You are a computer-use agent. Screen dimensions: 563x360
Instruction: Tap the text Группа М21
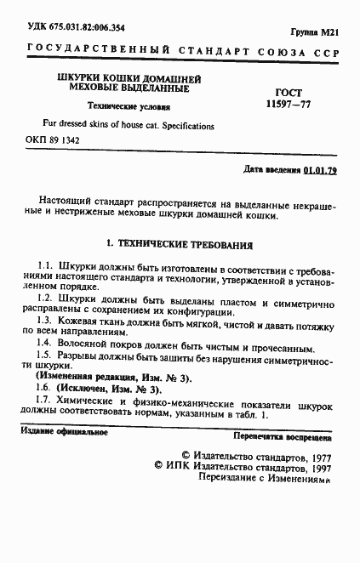click(319, 31)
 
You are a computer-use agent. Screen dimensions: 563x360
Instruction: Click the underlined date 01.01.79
click(320, 170)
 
